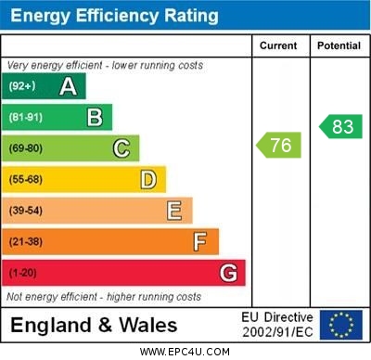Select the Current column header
(278, 45)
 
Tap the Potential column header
(339, 45)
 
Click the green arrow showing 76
(279, 145)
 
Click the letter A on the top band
(68, 87)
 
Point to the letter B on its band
(95, 117)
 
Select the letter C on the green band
(121, 148)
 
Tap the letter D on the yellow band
(147, 179)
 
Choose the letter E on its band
(173, 211)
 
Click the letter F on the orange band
(199, 241)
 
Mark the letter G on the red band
(227, 273)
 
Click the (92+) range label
(21, 87)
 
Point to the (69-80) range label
(26, 148)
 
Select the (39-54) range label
(26, 211)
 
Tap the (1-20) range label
(23, 273)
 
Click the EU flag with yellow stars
(340, 325)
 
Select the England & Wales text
(94, 325)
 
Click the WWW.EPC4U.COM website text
(185, 353)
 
